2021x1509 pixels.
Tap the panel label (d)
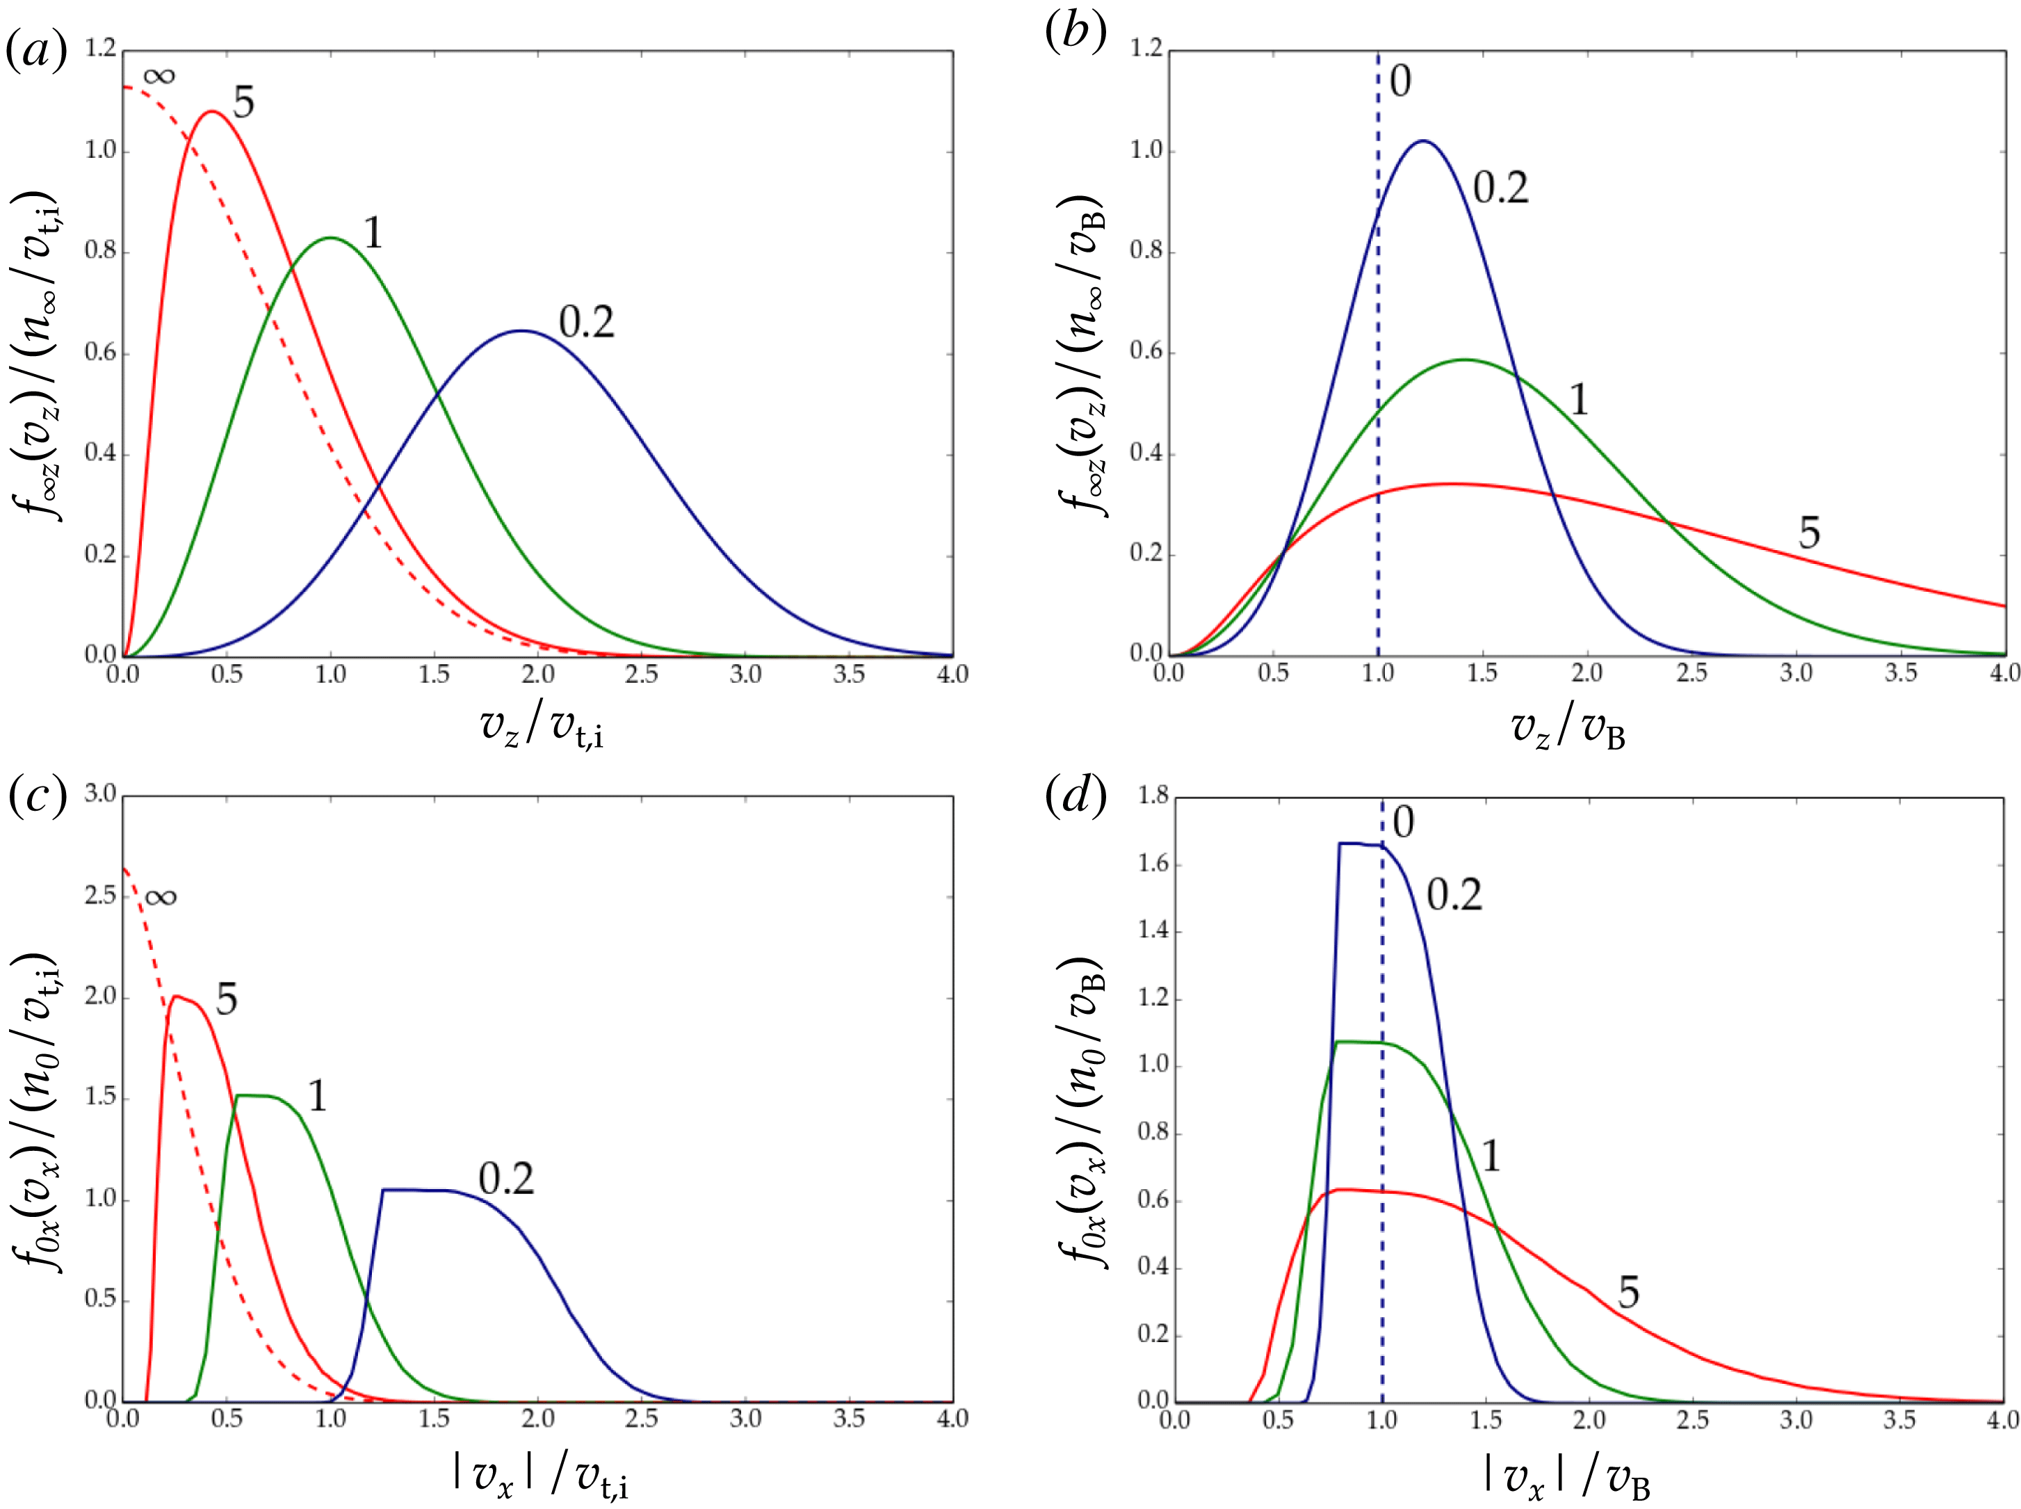[x=1075, y=796]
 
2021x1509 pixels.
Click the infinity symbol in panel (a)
[x=159, y=76]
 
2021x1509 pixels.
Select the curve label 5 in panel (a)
[x=243, y=102]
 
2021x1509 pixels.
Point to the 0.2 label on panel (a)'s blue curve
[x=586, y=323]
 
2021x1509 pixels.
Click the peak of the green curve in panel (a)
[x=330, y=238]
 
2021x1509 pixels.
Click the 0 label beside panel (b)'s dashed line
[x=1400, y=81]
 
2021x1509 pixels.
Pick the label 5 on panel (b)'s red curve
[x=1809, y=533]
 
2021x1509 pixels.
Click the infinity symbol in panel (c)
[x=160, y=897]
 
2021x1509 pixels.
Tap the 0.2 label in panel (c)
[x=506, y=1179]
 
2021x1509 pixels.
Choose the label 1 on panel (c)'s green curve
[x=317, y=1095]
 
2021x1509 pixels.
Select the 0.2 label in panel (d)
[x=1454, y=894]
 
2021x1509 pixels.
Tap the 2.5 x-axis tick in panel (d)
[x=1692, y=1421]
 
